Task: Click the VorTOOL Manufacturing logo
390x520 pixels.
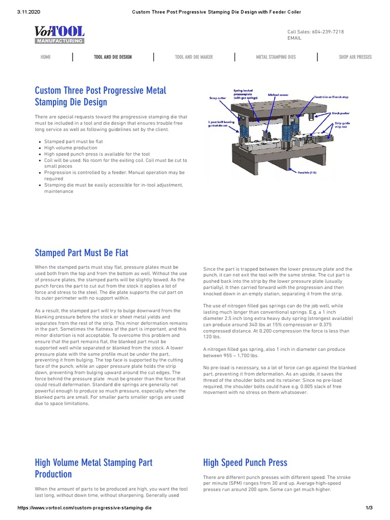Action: point(59,35)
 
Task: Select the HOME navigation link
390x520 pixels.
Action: point(45,57)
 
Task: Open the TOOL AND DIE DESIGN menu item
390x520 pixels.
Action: point(113,57)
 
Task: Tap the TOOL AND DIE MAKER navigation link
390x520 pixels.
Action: point(193,57)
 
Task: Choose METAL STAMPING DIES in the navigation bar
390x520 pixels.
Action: point(276,57)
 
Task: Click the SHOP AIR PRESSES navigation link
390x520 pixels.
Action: point(355,57)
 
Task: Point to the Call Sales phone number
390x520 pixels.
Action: point(315,31)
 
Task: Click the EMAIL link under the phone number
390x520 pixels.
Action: point(295,38)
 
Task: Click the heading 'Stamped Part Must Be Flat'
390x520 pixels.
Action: point(81,252)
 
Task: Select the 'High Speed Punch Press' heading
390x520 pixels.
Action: point(245,462)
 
